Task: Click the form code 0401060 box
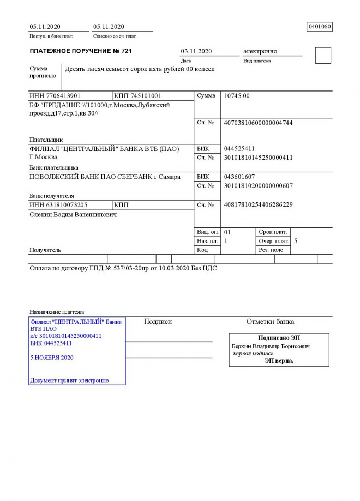320,27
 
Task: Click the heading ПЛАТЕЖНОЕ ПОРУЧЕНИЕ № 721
81,51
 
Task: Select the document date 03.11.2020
196,51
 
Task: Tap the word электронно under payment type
260,51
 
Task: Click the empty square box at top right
323,56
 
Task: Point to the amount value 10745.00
237,96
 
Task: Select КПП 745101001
138,96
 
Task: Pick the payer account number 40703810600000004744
258,123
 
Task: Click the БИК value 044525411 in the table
239,149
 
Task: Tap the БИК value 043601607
239,177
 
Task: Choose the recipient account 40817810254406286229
258,205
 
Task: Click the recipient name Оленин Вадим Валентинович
73,215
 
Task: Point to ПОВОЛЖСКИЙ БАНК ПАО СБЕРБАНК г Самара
104,177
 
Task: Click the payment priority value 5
295,241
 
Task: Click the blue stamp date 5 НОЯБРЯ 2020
52,358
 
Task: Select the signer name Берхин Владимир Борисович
271,346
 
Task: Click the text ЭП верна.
279,360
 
